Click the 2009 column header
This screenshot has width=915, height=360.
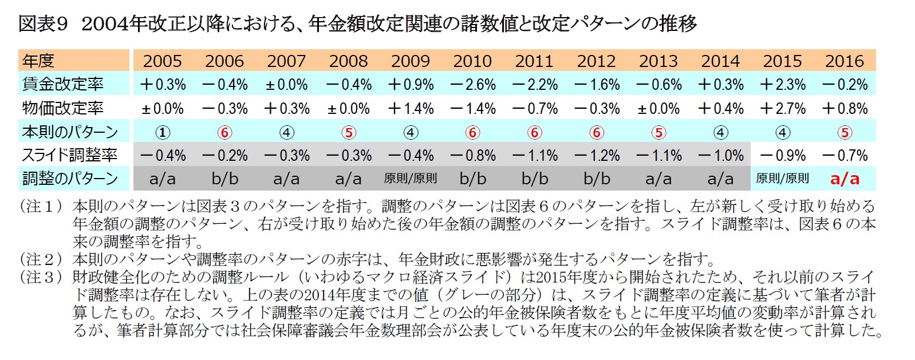[410, 61]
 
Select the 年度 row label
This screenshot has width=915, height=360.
[38, 61]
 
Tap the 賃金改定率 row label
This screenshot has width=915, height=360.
[63, 84]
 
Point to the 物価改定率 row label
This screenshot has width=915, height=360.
[63, 108]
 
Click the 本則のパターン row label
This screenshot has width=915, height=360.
[70, 132]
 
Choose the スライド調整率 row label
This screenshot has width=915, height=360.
[70, 155]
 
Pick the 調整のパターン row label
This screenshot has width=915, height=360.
[70, 179]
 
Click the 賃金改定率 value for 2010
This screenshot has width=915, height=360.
[472, 85]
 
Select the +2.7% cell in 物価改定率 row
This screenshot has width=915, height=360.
[782, 108]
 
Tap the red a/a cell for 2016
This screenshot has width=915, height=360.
[845, 179]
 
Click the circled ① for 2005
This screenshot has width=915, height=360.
[163, 132]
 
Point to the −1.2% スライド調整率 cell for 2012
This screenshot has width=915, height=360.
[597, 155]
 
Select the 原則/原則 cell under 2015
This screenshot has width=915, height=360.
[782, 179]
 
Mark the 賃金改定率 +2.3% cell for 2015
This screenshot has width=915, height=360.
[782, 85]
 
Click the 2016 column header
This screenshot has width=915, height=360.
[845, 61]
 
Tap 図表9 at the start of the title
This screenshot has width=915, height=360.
[43, 23]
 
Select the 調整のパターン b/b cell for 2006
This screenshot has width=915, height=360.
[224, 179]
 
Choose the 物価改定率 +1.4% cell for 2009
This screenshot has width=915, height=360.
[410, 108]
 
